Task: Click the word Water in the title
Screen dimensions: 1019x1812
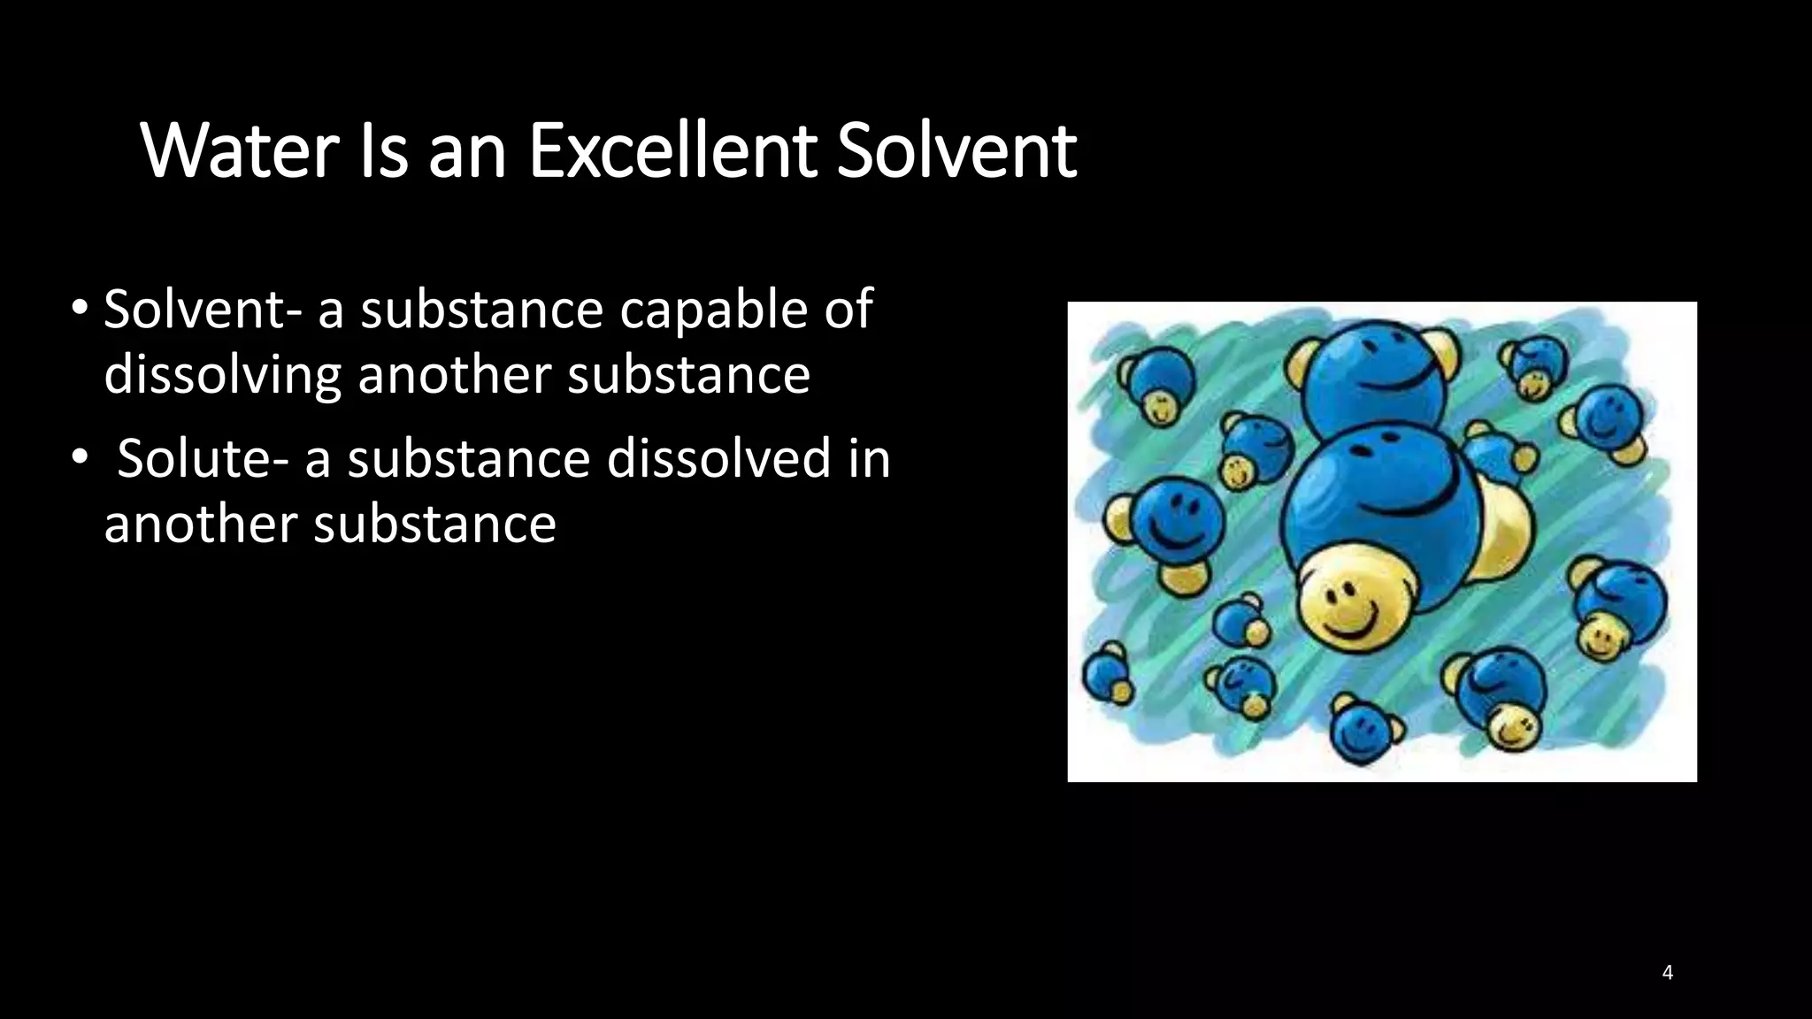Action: tap(238, 151)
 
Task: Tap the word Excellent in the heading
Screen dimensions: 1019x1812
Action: tap(672, 151)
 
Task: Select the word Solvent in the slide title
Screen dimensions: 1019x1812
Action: tap(956, 151)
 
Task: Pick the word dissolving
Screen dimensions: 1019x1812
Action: tap(221, 375)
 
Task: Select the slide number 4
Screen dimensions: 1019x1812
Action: tap(1667, 973)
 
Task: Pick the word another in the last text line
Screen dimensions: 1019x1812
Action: tap(201, 524)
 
